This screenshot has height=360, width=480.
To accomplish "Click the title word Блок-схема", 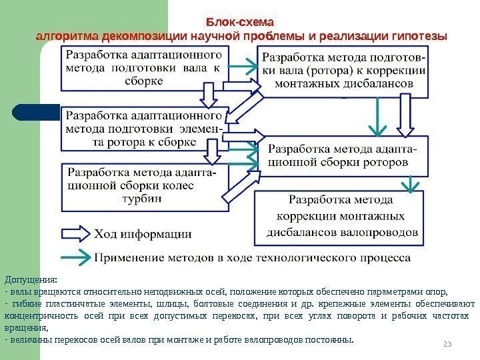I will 239,22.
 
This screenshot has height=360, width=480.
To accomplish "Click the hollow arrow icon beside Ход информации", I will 75,233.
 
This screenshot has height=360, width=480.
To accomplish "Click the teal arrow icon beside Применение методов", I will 75,256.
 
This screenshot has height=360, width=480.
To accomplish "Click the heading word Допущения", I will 31,279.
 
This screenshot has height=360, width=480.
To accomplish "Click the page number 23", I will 447,343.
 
